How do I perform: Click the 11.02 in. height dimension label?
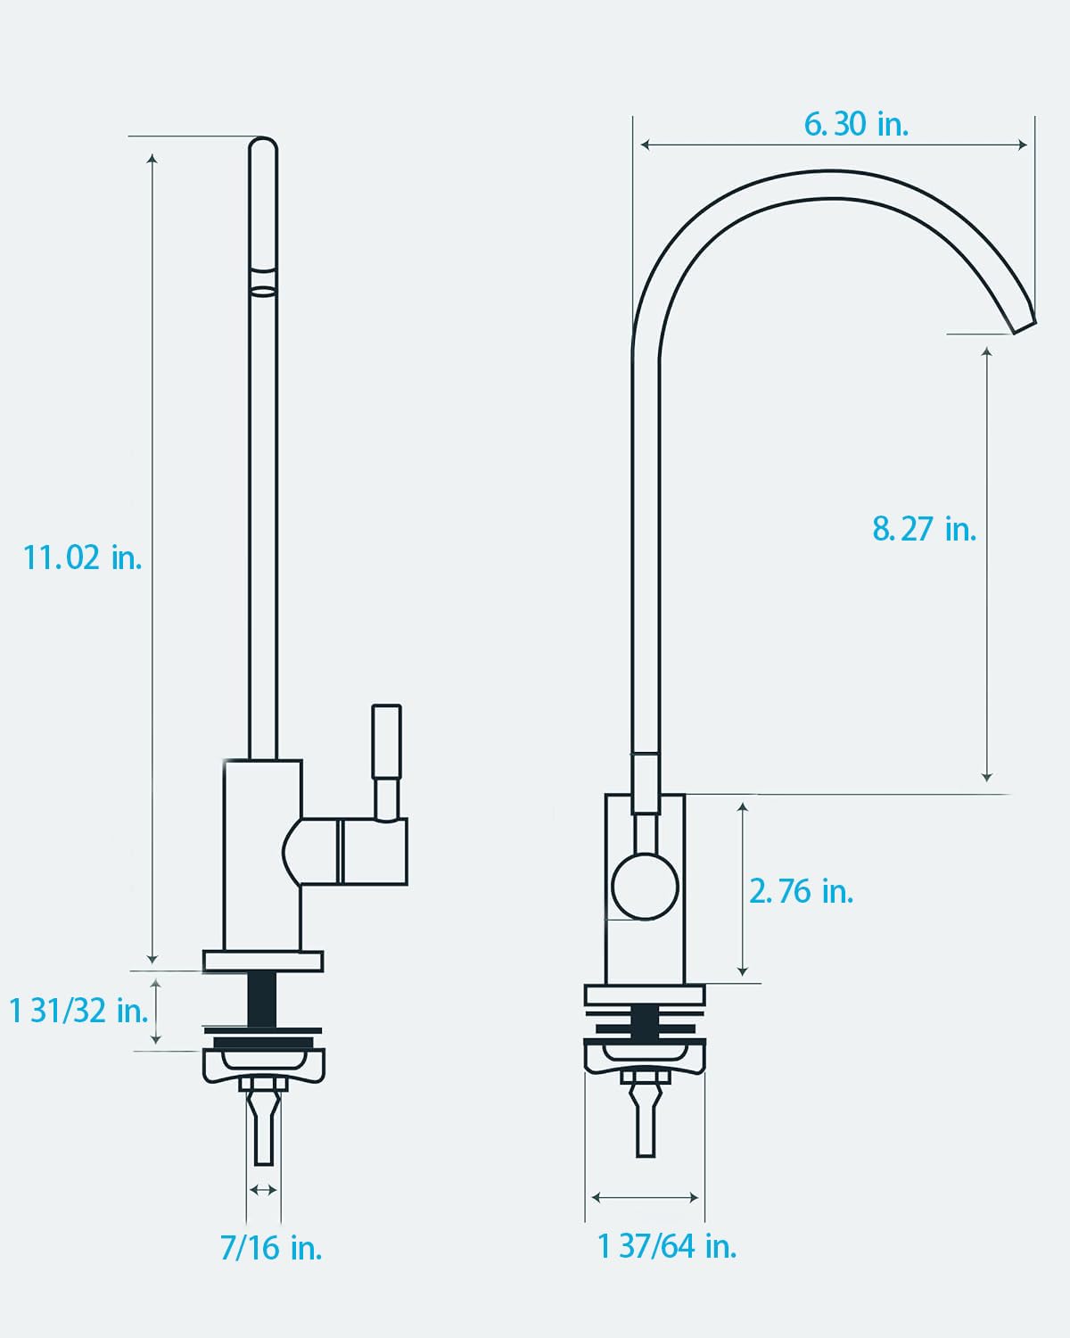pos(82,557)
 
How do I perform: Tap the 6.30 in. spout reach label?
pos(856,124)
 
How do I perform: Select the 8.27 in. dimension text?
pos(924,529)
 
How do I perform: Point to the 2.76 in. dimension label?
pos(801,891)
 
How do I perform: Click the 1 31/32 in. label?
pos(78,1011)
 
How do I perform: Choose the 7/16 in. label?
pos(271,1247)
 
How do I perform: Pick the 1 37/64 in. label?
pos(667,1245)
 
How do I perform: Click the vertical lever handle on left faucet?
pos(386,758)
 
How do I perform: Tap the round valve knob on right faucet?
pos(646,887)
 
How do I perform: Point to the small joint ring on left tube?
pos(263,288)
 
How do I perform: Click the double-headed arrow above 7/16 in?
pos(263,1189)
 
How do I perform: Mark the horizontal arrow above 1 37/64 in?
pos(645,1197)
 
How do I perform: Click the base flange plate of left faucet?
pos(263,961)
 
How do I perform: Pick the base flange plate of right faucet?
pos(645,994)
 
